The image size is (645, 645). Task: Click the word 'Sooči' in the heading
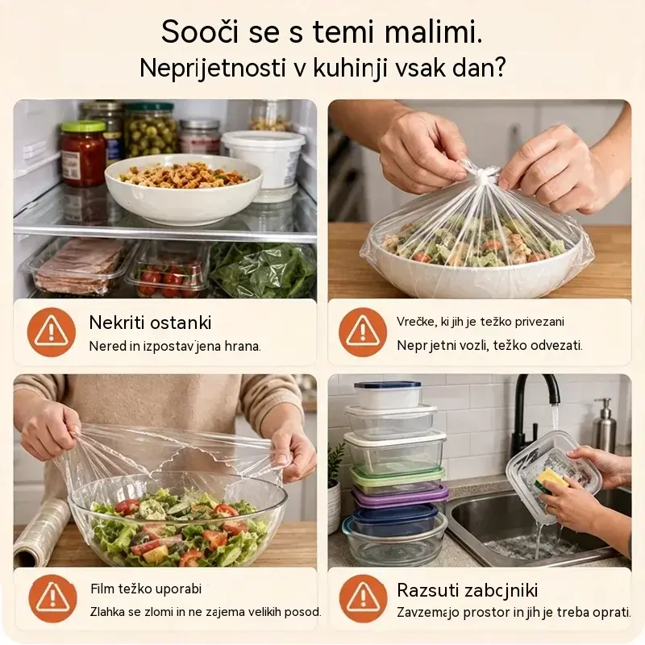[199, 31]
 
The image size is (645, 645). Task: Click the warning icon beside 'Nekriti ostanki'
[52, 331]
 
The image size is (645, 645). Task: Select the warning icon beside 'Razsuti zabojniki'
[363, 598]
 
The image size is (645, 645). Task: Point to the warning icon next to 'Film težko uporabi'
[52, 598]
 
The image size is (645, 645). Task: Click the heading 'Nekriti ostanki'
[150, 322]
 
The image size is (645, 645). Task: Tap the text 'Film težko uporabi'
[146, 589]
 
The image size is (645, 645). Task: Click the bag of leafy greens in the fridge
[264, 269]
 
